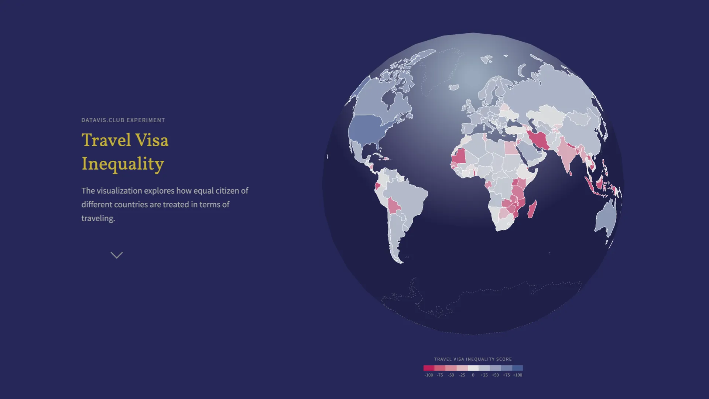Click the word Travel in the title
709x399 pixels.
click(106, 140)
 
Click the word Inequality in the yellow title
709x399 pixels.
click(123, 164)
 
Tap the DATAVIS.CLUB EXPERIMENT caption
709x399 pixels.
click(123, 120)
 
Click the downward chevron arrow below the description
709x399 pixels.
click(117, 255)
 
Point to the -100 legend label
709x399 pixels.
click(428, 375)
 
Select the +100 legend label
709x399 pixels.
click(517, 375)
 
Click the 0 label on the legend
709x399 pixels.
click(473, 375)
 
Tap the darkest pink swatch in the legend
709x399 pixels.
click(429, 368)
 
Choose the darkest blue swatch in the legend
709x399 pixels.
click(517, 368)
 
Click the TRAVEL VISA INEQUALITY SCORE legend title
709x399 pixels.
click(473, 359)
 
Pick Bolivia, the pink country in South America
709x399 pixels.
click(394, 206)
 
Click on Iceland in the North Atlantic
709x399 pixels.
click(453, 88)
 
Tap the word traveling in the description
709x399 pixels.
click(98, 218)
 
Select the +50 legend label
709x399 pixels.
click(495, 375)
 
